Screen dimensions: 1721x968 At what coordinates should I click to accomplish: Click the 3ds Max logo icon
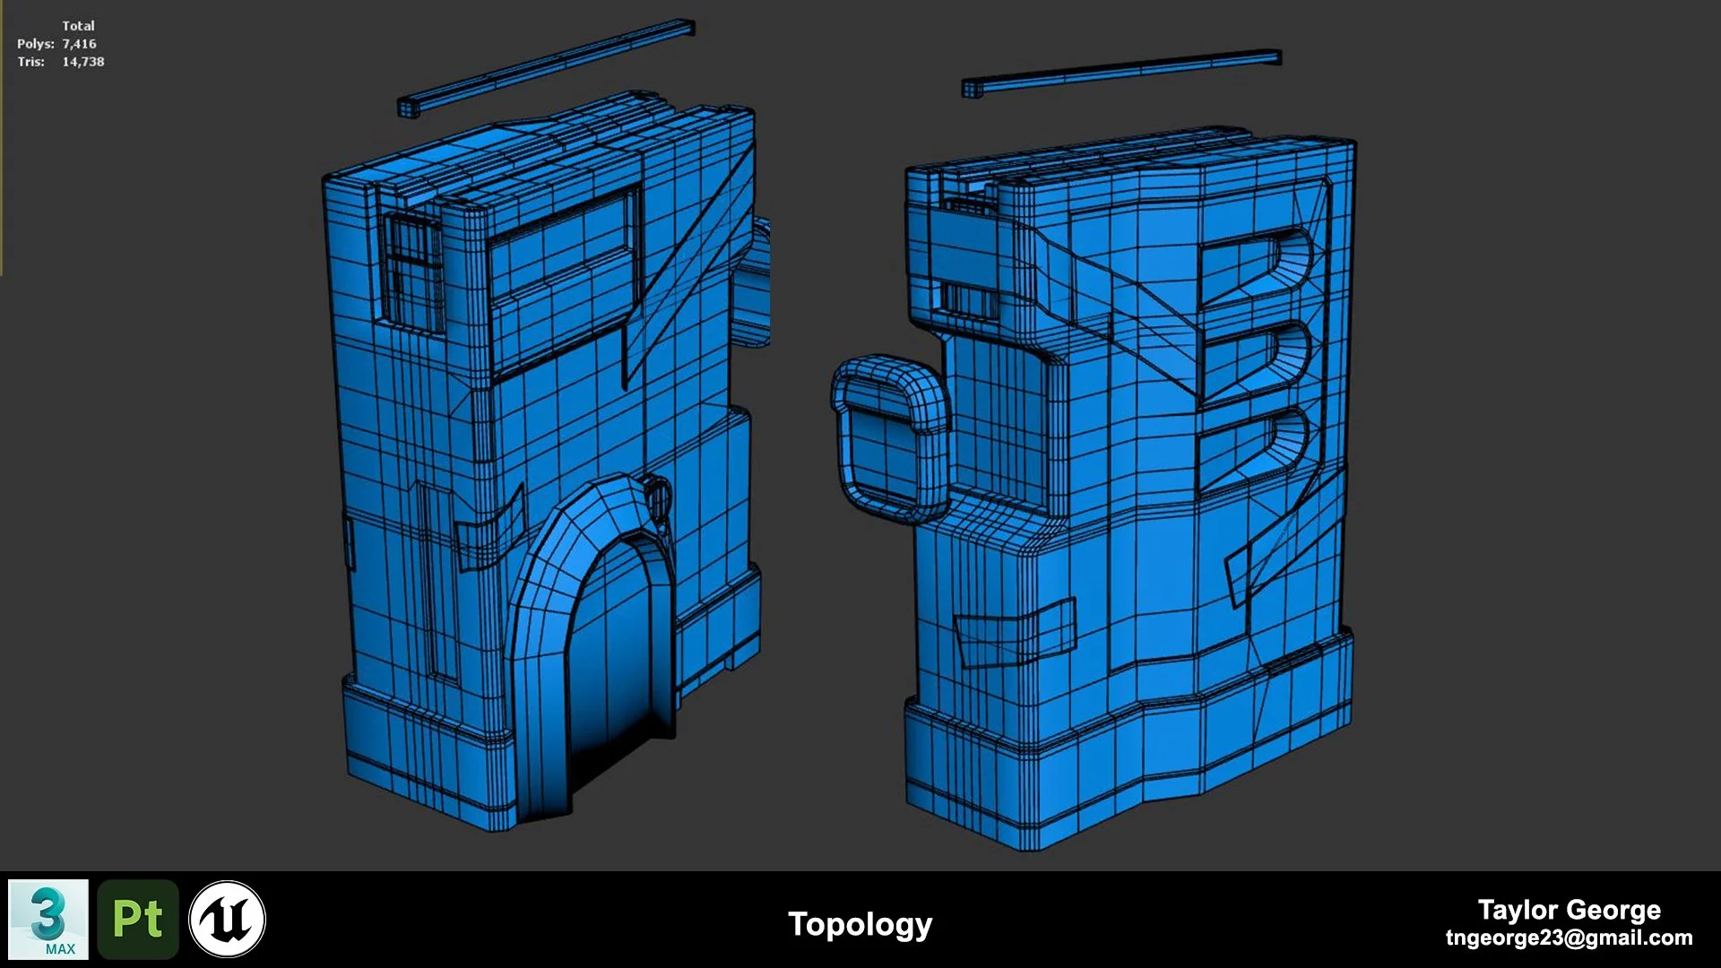pyautogui.click(x=48, y=920)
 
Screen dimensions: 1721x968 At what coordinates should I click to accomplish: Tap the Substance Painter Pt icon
pyautogui.click(x=138, y=920)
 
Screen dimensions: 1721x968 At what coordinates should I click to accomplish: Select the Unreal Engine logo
pyautogui.click(x=228, y=920)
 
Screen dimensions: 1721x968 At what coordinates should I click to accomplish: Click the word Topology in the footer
pyautogui.click(x=860, y=924)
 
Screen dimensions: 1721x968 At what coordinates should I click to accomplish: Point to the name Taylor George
pyautogui.click(x=1569, y=910)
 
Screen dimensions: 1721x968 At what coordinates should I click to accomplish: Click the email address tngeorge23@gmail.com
pyautogui.click(x=1569, y=938)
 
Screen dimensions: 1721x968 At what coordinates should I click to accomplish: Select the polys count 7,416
pyautogui.click(x=79, y=44)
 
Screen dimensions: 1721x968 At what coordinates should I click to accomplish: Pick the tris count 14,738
pyautogui.click(x=83, y=62)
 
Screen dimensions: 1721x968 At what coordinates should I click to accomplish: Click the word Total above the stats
pyautogui.click(x=78, y=26)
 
